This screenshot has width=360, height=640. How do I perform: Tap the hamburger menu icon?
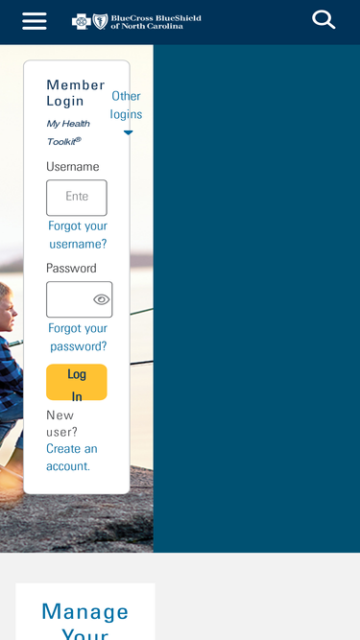pos(35,21)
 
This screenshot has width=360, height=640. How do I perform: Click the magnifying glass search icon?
pos(324,19)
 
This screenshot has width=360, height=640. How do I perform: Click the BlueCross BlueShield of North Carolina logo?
pos(136,21)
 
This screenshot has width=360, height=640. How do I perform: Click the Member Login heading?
pos(76,93)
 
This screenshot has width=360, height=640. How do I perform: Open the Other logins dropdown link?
pos(126,105)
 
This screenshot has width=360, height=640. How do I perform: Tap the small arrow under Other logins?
pos(129,132)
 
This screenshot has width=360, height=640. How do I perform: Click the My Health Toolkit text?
pos(68,132)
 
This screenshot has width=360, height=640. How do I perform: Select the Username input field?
pos(77,198)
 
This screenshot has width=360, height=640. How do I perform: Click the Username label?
pos(73,167)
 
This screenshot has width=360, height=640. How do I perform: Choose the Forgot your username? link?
pos(78,235)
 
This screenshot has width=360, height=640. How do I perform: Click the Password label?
pos(71,268)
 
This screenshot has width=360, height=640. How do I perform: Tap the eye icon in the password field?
pos(101,299)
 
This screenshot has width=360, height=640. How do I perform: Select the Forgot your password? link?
pos(78,337)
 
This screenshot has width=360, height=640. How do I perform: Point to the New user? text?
pos(61,423)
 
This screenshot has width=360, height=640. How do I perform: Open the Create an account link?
pos(72,457)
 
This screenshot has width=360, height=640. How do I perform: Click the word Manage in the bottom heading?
pos(84,612)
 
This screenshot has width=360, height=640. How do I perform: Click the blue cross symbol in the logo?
pos(82,21)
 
